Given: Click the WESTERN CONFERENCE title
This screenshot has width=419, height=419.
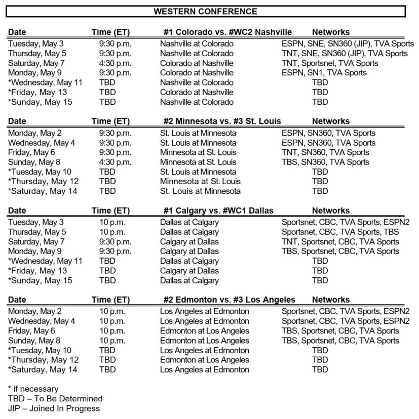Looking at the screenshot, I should (205, 11).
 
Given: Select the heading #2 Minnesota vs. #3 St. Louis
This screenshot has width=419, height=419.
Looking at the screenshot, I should (222, 121).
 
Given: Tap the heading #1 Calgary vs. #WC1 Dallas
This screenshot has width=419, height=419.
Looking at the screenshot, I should (218, 211).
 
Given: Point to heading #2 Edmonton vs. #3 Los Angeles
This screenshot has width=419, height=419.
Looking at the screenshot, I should (229, 300).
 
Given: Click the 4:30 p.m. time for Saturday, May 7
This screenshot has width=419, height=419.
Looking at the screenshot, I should (115, 63).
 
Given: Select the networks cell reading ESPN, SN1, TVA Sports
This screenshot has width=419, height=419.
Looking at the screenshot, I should (324, 73).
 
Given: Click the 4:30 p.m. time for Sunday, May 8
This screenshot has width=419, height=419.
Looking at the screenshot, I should (115, 162).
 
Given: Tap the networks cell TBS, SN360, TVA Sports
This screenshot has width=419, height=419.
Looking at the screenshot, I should (325, 162).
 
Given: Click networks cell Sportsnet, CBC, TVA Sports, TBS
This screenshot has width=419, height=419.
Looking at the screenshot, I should (340, 232).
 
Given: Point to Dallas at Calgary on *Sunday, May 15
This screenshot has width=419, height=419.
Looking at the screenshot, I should (189, 280).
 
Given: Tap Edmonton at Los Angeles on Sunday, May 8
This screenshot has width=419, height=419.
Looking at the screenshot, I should (205, 341).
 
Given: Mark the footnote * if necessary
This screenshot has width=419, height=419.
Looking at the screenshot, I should (33, 389).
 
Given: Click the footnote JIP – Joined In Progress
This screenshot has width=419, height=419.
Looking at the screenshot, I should (54, 408).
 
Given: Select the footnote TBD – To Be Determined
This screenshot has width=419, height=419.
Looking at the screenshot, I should (55, 398).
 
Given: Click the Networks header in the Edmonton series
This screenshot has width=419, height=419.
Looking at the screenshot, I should (331, 300).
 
